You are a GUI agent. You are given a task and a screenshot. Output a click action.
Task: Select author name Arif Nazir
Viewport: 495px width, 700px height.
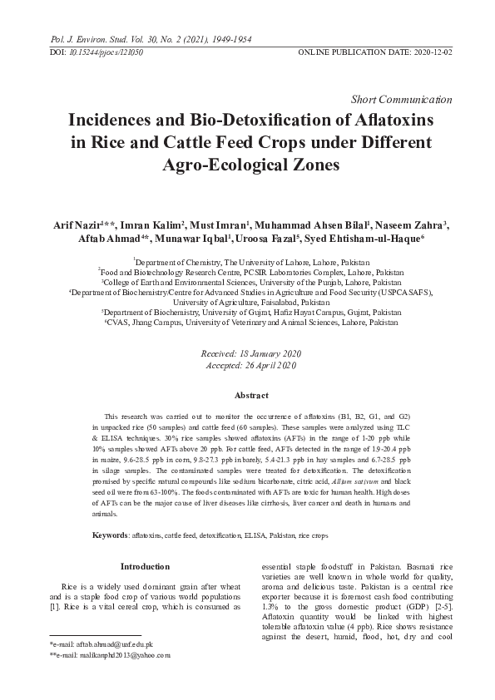[x=83, y=224]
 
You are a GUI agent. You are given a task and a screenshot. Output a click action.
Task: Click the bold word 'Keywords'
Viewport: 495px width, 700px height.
[x=110, y=533]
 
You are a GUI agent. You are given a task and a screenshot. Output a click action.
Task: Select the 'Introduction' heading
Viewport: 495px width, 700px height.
[x=146, y=567]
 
